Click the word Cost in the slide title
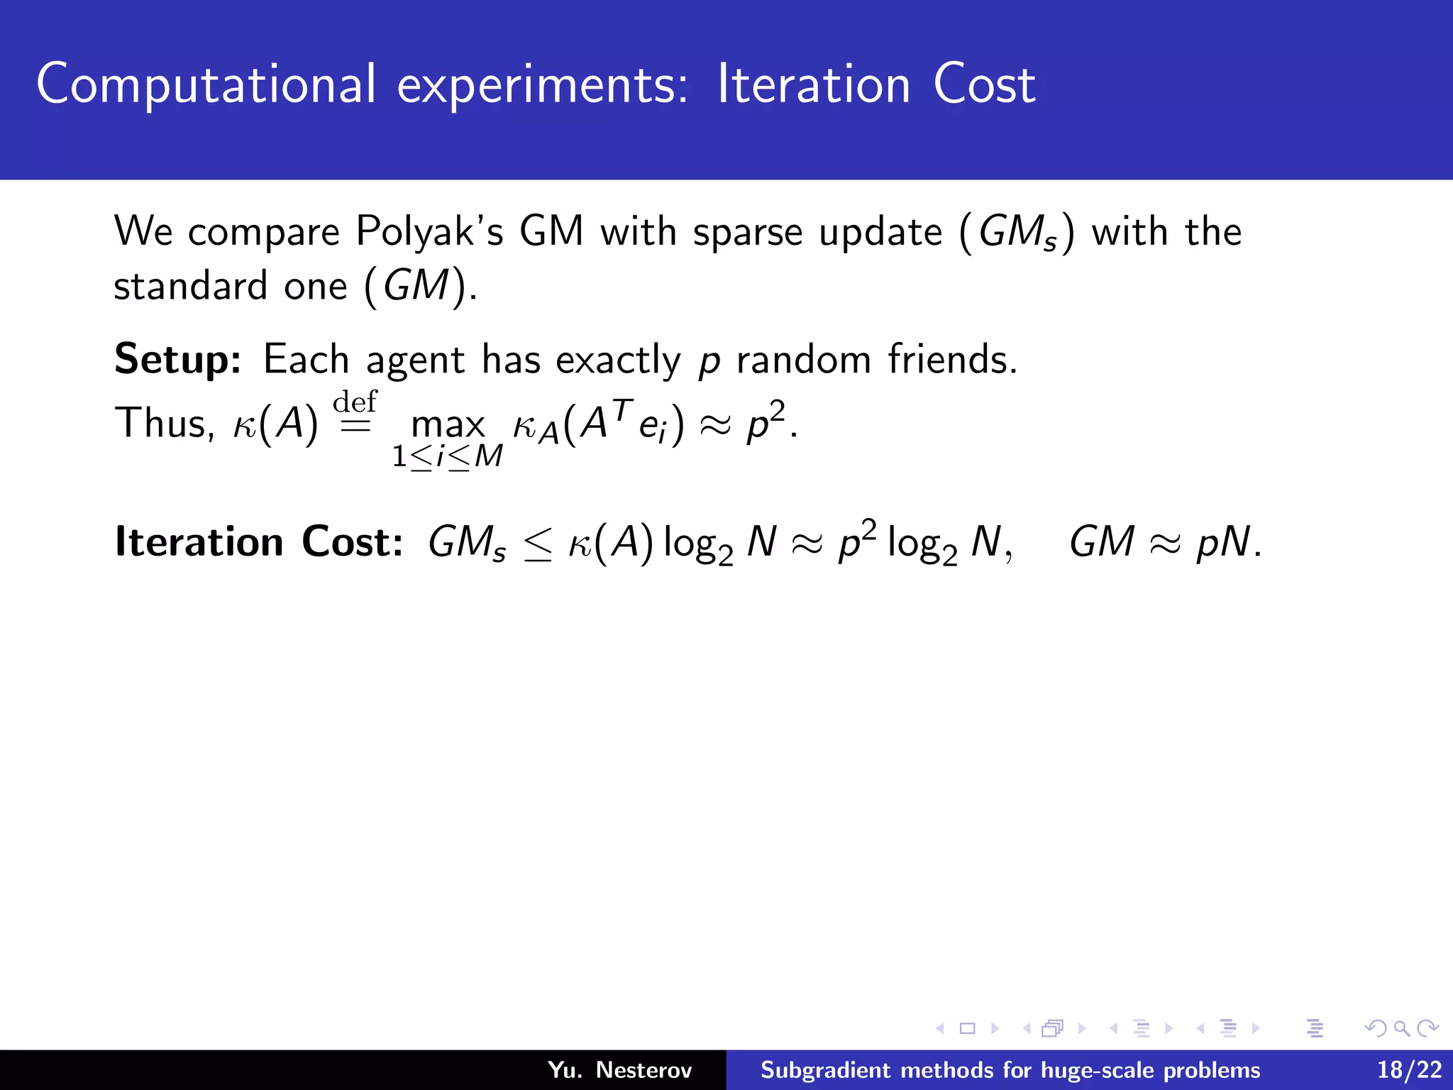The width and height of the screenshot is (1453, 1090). pyautogui.click(x=984, y=85)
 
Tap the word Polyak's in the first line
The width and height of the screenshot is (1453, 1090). pyautogui.click(x=429, y=231)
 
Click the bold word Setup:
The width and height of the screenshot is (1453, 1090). pyautogui.click(x=178, y=360)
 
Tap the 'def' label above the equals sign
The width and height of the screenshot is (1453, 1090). pyautogui.click(x=355, y=402)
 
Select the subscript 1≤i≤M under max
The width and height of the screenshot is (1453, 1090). pyautogui.click(x=448, y=456)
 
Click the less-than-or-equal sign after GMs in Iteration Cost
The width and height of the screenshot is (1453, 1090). pyautogui.click(x=538, y=545)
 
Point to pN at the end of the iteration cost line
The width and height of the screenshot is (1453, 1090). pyautogui.click(x=1223, y=543)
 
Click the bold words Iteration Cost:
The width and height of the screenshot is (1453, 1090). pyautogui.click(x=259, y=542)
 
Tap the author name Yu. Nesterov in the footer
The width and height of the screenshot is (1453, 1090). pyautogui.click(x=619, y=1069)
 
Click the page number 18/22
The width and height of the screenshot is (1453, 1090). pyautogui.click(x=1409, y=1069)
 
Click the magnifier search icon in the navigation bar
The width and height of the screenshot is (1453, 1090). pyautogui.click(x=1401, y=1028)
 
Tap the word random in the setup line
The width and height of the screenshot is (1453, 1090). pyautogui.click(x=803, y=359)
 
